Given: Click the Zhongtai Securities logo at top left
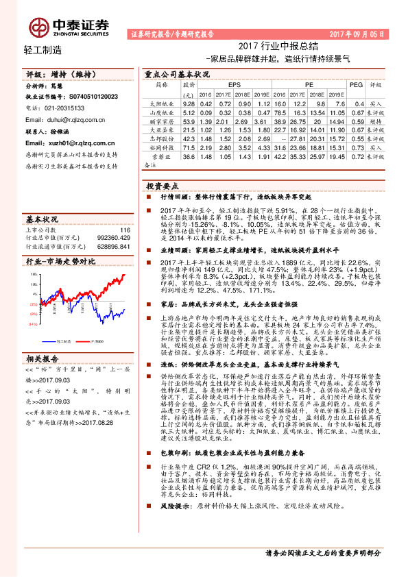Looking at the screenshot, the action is (x=69, y=25).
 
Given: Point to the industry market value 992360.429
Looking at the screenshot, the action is (x=113, y=238).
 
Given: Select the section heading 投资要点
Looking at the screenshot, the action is (x=163, y=186).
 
